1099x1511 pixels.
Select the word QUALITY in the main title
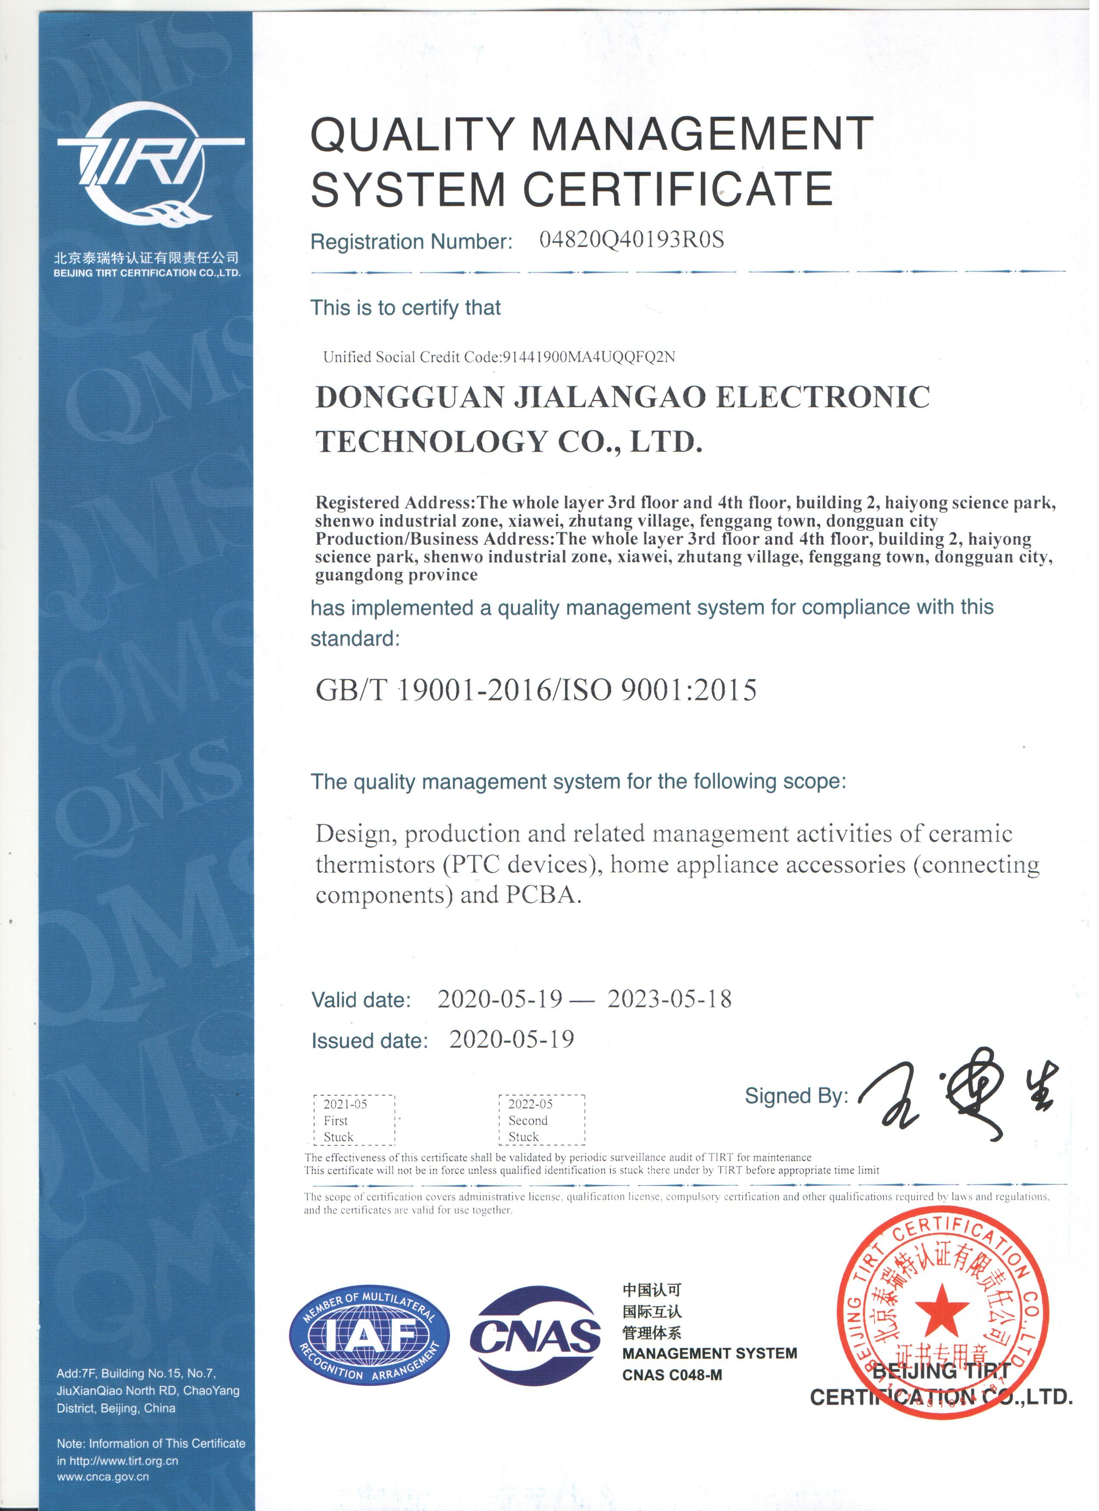413,134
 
